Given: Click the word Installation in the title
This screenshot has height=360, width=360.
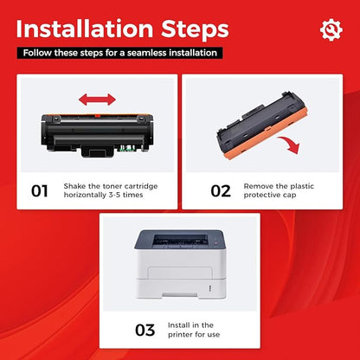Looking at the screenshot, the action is coord(85,29).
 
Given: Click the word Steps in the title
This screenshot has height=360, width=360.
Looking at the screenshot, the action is coord(195,30).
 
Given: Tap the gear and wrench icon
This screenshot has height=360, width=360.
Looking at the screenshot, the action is coord(331,29).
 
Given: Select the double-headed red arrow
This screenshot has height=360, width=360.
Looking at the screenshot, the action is coord(97,100).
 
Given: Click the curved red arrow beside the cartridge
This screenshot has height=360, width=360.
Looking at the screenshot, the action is coord(290,145).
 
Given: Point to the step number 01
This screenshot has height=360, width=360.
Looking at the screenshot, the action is coord(40,191).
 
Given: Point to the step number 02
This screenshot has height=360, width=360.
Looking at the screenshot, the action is coord(221,191).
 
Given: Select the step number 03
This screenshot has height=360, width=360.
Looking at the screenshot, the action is coord(145,331).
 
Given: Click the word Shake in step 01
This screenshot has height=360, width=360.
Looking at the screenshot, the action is coord(74,186).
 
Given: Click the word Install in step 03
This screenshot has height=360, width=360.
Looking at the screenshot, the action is coord(178,325).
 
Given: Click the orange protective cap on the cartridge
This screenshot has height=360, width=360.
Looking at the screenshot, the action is coord(267,134).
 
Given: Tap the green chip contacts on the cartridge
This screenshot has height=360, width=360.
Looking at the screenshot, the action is coord(126,149).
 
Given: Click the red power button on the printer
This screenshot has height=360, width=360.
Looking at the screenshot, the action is coord(216,243).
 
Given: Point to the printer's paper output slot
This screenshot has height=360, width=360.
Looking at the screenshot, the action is coord(180,240).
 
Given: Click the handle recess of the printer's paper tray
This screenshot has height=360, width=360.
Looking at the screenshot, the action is coord(180,295).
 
